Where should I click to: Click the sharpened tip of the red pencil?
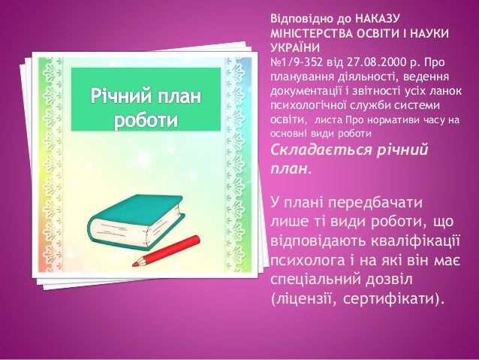tap(135, 263)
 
